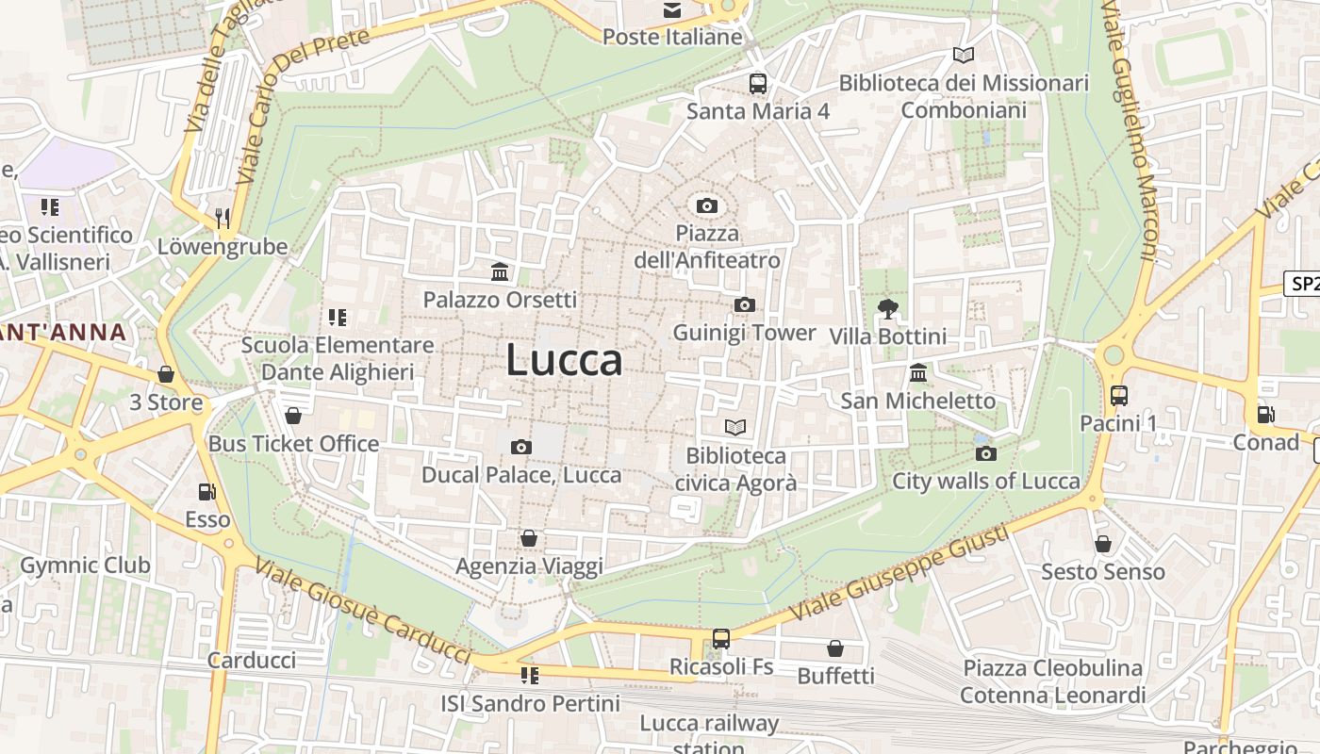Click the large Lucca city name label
[x=564, y=360]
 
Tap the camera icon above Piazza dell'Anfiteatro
[x=706, y=205]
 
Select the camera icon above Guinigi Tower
[x=744, y=304]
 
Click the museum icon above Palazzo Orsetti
[x=500, y=272]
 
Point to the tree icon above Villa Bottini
[x=887, y=308]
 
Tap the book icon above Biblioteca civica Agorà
[x=735, y=428]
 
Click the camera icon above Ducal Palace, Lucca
[x=520, y=447]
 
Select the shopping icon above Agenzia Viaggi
[x=529, y=538]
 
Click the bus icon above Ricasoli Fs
[x=721, y=638]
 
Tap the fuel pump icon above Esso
[x=206, y=491]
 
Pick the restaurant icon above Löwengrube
[x=223, y=219]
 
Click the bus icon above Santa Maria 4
[x=758, y=83]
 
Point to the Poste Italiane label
[x=672, y=37]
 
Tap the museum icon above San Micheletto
[x=918, y=372]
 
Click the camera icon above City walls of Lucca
[x=985, y=453]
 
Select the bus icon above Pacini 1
[x=1118, y=396]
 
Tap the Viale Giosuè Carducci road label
[x=363, y=611]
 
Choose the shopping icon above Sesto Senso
[x=1102, y=544]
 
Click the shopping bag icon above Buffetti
[x=835, y=648]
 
